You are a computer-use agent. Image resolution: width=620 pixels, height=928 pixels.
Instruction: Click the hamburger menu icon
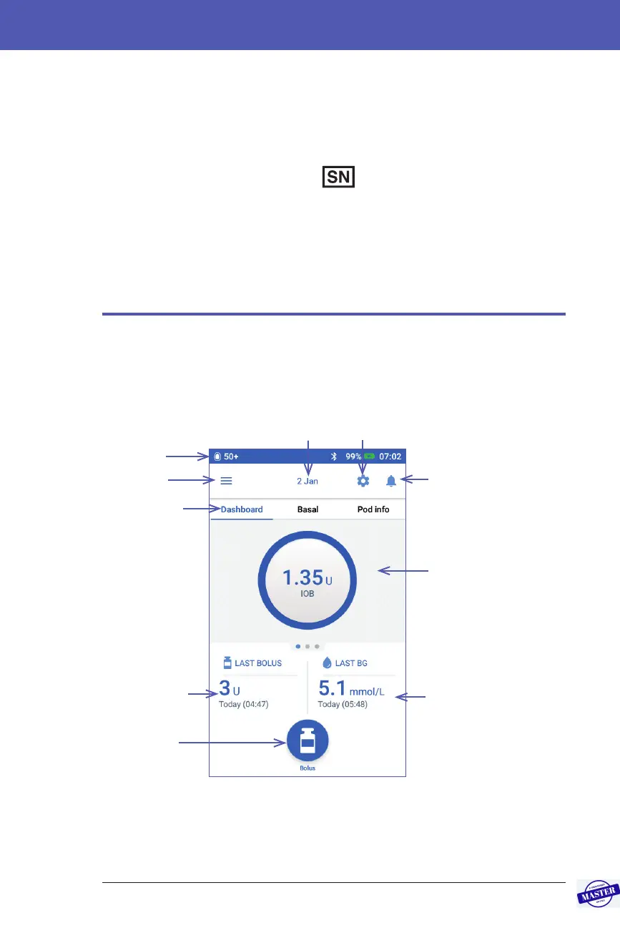pos(226,481)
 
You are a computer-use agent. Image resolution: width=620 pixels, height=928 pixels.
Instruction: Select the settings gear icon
pos(363,481)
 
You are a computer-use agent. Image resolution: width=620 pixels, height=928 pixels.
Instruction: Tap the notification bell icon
pos(391,481)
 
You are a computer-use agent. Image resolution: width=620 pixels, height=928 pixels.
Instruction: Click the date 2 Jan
pos(307,482)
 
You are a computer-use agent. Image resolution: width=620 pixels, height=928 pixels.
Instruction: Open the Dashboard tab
pos(242,510)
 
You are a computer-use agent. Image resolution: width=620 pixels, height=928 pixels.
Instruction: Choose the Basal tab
pos(307,510)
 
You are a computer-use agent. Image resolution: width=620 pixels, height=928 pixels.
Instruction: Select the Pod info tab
pos(373,510)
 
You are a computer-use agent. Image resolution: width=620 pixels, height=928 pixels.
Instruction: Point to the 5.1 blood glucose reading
pos(332,689)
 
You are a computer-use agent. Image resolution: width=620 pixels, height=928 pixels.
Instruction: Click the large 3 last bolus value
pos(225,689)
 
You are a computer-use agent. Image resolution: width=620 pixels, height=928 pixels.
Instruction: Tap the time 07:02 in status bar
pos(390,456)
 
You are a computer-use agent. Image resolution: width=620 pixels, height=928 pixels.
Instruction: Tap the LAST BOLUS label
pos(258,663)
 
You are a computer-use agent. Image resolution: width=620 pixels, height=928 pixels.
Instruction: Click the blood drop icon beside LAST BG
pos(328,663)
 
